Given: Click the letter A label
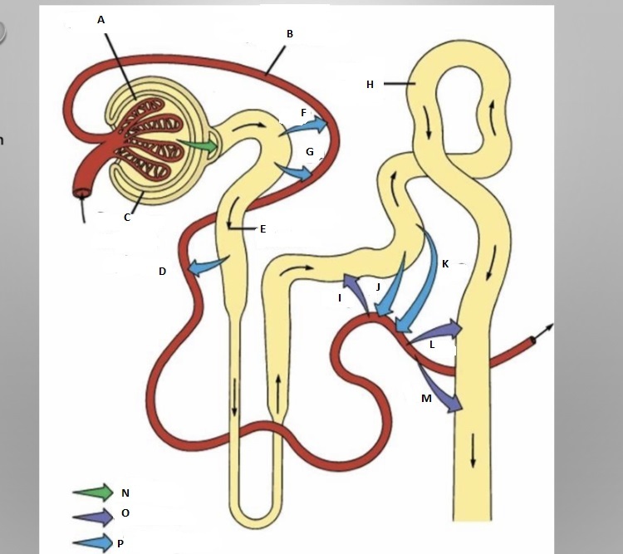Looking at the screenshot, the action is coord(101,19).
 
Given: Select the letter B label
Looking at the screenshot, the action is coord(290,34).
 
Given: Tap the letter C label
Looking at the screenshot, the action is coord(127,218).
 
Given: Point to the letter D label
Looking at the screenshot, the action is coord(163,272).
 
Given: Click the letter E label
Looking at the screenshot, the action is coord(262,228).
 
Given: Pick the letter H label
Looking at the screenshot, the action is coord(370,84).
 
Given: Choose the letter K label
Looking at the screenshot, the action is coord(445,264).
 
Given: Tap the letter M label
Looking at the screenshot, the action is coord(426,399).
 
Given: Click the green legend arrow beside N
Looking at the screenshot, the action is coord(93,492).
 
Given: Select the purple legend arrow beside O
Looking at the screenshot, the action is coord(93,515).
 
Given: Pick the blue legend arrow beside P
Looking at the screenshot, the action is coord(93,542).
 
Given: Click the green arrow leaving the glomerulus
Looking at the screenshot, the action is coord(200,146).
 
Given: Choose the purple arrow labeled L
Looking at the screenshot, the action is coord(436,330).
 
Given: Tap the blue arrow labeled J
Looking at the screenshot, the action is coord(392,289).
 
